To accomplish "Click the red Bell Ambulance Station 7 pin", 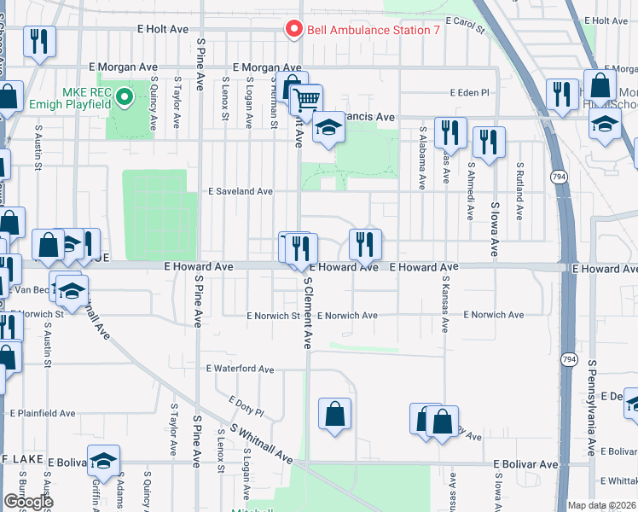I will click(294, 29).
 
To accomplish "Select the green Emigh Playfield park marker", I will click(125, 96).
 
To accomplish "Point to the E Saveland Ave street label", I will click(241, 192).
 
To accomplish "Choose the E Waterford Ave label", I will click(240, 369).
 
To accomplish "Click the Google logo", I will click(28, 502).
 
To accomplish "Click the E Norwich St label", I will click(273, 316).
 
